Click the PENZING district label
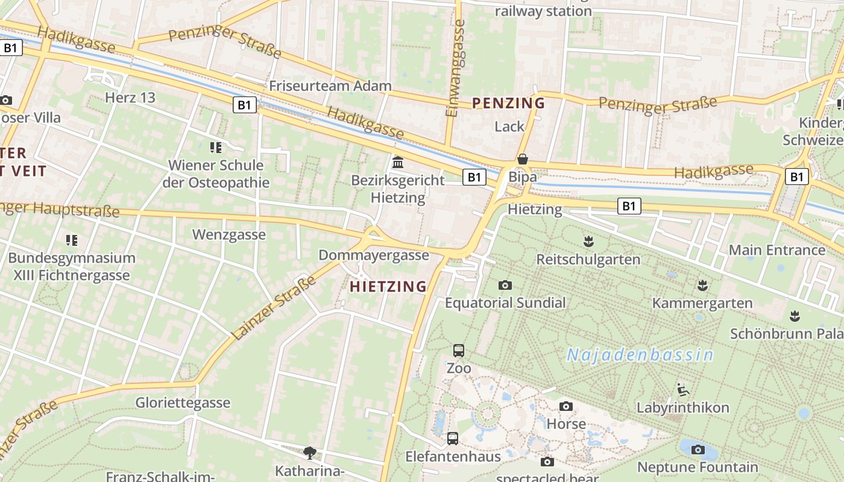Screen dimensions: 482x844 point(508,103)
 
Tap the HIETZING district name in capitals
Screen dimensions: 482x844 point(388,287)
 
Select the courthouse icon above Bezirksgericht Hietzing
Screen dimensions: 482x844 point(398,162)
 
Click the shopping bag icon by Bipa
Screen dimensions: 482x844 point(523,159)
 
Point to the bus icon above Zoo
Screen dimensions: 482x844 point(459,350)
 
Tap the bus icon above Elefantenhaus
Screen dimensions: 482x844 point(453,438)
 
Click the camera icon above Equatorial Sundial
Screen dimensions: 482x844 point(505,285)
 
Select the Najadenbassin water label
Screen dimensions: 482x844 point(640,355)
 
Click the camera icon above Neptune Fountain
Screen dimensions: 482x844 point(698,449)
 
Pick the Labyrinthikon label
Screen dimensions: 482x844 point(683,408)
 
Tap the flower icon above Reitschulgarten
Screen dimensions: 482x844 point(588,242)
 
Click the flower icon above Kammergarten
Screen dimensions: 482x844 point(702,284)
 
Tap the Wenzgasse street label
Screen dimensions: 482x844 point(228,234)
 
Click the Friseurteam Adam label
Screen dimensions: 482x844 point(330,86)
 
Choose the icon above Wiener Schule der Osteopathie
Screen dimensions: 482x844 point(216,147)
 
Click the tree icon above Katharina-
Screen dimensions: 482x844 point(310,452)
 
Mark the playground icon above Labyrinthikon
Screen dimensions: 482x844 point(683,389)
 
